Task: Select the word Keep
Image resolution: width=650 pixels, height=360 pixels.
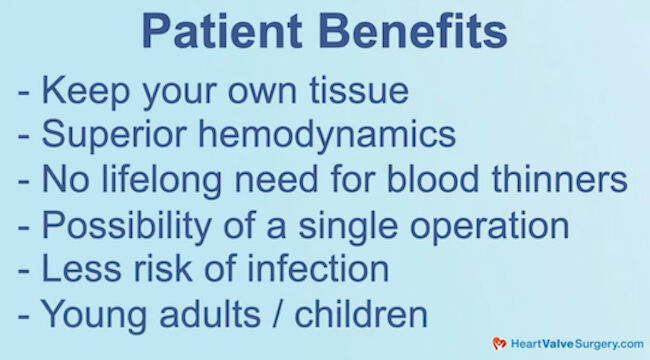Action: (84, 91)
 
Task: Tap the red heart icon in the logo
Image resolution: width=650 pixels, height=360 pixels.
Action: (498, 343)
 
